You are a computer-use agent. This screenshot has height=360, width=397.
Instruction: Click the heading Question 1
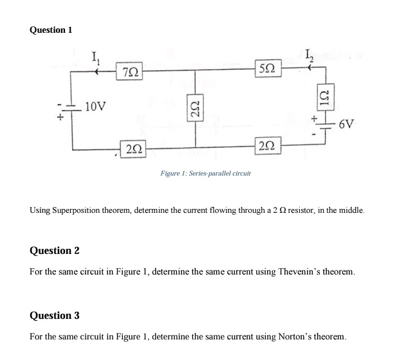pos(51,30)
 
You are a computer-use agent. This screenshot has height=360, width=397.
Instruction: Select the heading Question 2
pos(55,250)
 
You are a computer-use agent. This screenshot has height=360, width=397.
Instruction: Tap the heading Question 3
pos(55,315)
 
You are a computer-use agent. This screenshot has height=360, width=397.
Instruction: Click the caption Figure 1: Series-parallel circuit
pos(205,173)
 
